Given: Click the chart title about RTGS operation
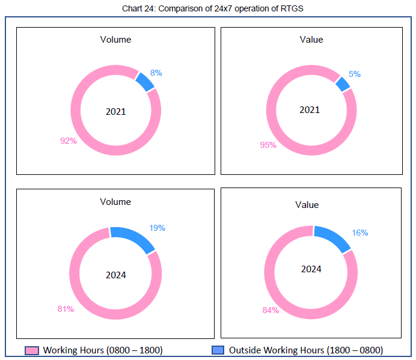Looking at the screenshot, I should pyautogui.click(x=208, y=7).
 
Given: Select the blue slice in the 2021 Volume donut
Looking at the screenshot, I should pyautogui.click(x=145, y=81).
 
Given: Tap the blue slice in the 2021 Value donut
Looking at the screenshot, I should pyautogui.click(x=343, y=84).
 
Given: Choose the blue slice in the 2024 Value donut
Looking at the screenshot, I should pyautogui.click(x=332, y=239).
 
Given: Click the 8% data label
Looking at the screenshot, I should pyautogui.click(x=156, y=73).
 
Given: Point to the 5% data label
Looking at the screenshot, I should pyautogui.click(x=355, y=74).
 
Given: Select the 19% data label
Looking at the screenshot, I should pyautogui.click(x=157, y=228).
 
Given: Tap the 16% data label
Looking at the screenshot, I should pyautogui.click(x=360, y=233).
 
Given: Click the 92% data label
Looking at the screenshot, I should pyautogui.click(x=68, y=141).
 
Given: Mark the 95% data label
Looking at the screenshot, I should pyautogui.click(x=268, y=145).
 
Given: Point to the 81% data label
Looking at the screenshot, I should pyautogui.click(x=66, y=309).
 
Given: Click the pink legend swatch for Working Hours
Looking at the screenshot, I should pyautogui.click(x=32, y=350).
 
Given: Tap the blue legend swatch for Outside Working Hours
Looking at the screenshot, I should pyautogui.click(x=218, y=350).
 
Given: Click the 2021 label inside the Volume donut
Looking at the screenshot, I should pyautogui.click(x=116, y=111).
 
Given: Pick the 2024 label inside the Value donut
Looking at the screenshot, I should pyautogui.click(x=311, y=269).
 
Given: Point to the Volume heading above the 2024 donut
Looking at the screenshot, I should pyautogui.click(x=115, y=202).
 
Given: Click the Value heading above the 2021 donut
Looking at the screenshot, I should pyautogui.click(x=311, y=40).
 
